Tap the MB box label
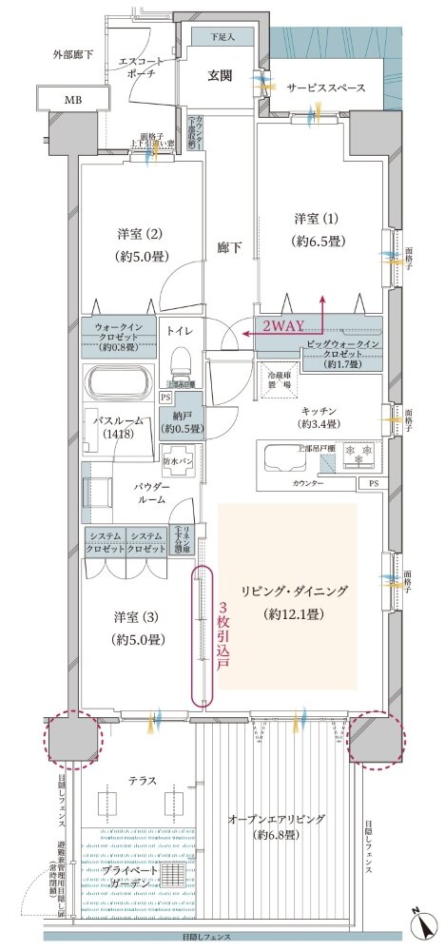click(73, 100)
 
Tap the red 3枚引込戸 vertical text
click(224, 638)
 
